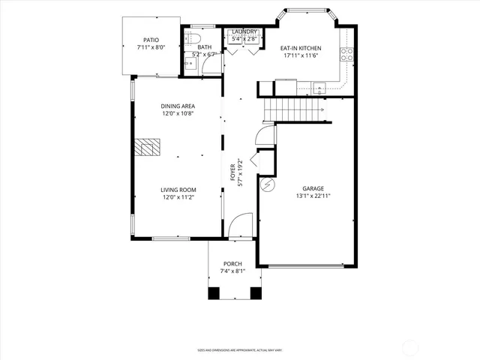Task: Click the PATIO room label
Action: click(151, 40)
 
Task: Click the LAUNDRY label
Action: click(244, 31)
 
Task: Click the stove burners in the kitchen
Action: click(347, 54)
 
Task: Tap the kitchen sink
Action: click(319, 86)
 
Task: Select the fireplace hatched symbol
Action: click(148, 147)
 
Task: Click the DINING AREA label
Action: click(178, 106)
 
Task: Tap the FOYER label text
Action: click(233, 172)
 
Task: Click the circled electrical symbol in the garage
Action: click(265, 184)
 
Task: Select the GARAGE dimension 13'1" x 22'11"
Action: click(313, 196)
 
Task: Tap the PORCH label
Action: click(232, 264)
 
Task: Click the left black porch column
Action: click(213, 292)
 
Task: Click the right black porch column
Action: click(254, 292)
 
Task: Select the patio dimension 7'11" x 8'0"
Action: click(151, 47)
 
